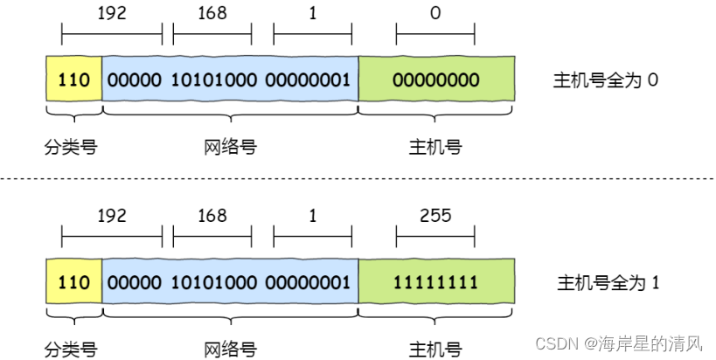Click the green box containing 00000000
point(435,80)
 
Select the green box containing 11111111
point(435,283)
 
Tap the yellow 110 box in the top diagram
point(73,80)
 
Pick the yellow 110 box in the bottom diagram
point(73,283)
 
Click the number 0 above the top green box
point(435,15)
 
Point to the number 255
point(435,216)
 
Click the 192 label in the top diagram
point(112,15)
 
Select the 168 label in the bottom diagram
point(212,216)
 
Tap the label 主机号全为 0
point(605,80)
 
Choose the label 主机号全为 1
point(607,283)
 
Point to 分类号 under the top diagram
point(71,147)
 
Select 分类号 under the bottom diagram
point(71,350)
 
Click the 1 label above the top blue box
point(312,15)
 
